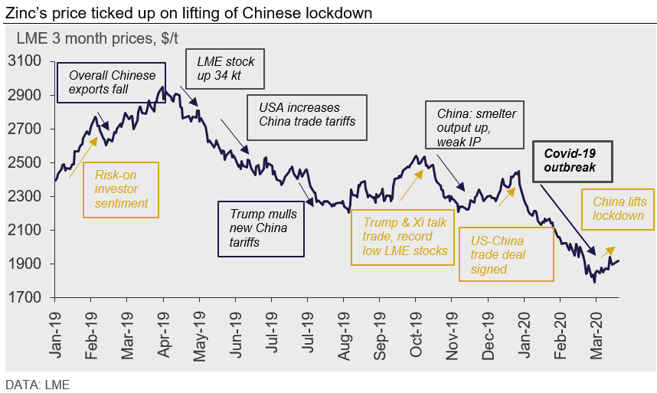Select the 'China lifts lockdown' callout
click(619, 209)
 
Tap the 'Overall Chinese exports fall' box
click(112, 83)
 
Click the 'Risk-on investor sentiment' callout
click(121, 189)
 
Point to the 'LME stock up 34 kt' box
click(225, 70)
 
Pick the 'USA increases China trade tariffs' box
click(307, 115)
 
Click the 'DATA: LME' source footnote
click(38, 384)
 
